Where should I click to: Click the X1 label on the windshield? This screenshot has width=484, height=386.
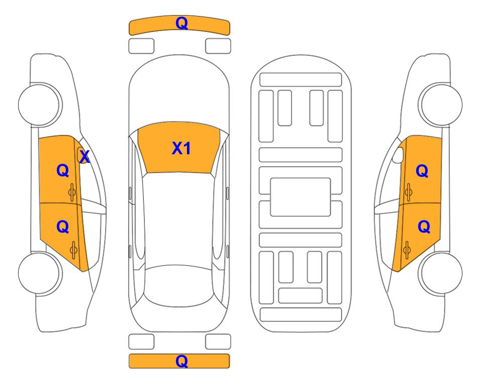(181, 148)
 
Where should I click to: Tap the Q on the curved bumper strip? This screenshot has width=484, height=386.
(181, 23)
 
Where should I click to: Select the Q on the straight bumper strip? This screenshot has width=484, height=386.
(181, 361)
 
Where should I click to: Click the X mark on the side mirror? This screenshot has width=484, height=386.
(84, 157)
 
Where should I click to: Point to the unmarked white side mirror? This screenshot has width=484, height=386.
(398, 155)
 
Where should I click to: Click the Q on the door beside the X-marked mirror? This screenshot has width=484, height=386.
(63, 170)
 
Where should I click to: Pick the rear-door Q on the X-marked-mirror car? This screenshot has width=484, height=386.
(63, 227)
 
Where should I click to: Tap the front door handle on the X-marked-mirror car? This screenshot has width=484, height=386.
(72, 192)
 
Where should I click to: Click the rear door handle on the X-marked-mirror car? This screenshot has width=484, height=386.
(73, 250)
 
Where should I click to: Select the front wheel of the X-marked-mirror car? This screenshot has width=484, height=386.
(40, 105)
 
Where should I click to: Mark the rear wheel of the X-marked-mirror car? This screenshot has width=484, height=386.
(40, 273)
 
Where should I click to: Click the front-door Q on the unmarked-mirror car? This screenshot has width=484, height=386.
(422, 171)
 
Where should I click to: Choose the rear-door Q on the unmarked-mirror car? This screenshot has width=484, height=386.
(424, 227)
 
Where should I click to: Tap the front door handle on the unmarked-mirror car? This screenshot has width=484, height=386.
(409, 192)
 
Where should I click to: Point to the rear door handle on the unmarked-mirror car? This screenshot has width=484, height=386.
(407, 250)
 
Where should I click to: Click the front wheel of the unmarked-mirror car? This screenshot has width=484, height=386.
(441, 105)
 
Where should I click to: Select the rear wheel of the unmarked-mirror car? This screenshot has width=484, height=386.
(441, 273)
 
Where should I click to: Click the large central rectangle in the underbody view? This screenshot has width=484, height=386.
(301, 197)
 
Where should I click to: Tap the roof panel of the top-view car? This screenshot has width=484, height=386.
(179, 219)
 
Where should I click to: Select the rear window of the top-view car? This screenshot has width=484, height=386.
(179, 285)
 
